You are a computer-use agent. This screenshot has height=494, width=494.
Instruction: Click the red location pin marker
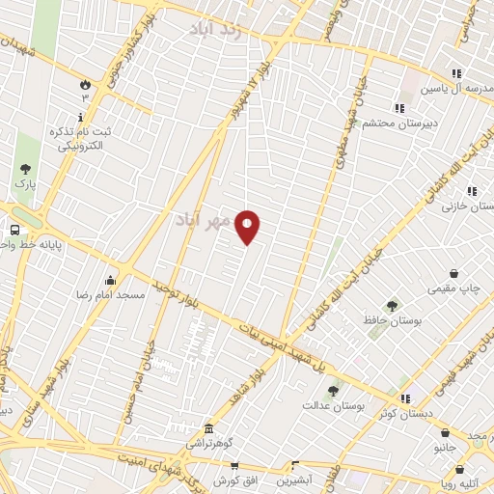point(248,227)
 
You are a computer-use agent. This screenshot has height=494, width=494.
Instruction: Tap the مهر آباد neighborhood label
point(205,221)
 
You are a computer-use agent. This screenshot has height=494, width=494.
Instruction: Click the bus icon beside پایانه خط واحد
point(14,230)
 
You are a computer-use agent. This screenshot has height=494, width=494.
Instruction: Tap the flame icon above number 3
point(85,84)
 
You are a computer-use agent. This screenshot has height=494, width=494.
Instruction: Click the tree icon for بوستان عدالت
point(333,391)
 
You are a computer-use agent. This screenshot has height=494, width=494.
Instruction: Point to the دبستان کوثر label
point(374,413)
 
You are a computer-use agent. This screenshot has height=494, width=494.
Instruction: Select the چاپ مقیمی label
point(454,288)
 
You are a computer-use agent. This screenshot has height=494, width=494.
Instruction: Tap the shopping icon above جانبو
point(445,433)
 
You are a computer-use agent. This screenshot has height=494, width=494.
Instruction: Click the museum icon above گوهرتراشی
point(207,428)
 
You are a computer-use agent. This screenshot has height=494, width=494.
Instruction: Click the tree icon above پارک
point(25,168)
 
